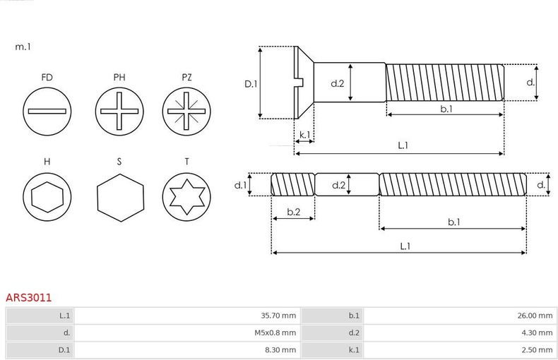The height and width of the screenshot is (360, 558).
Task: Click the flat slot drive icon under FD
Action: [x=47, y=112]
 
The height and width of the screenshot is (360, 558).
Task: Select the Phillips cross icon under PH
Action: [x=119, y=112]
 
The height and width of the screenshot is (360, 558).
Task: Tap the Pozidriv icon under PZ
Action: [x=186, y=112]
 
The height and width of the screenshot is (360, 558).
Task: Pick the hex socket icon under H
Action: [x=47, y=197]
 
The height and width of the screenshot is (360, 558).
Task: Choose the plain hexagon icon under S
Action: [x=120, y=198]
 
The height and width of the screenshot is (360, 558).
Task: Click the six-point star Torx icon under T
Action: [x=186, y=197]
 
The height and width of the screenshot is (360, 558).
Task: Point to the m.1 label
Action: [x=23, y=47]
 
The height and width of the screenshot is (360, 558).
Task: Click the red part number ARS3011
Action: [x=28, y=297]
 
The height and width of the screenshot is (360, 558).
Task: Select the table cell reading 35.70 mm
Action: [x=278, y=316]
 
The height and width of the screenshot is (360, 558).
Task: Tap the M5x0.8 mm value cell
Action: [x=275, y=333]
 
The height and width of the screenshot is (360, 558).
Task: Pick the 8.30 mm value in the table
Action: [x=280, y=350]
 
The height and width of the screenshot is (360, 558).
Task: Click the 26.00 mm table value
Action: [x=535, y=316]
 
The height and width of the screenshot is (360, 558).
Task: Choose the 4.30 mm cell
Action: [x=537, y=333]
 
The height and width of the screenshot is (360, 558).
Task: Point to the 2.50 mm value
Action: [x=537, y=350]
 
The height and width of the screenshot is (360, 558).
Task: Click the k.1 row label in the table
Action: [x=354, y=350]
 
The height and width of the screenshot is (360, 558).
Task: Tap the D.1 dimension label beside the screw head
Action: [x=251, y=84]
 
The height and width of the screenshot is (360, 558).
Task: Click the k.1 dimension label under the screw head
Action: [x=304, y=135]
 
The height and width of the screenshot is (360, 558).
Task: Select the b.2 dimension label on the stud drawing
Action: [x=294, y=212]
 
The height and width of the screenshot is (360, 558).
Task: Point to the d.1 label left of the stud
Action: [x=241, y=185]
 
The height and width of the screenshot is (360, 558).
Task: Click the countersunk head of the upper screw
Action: [x=304, y=83]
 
